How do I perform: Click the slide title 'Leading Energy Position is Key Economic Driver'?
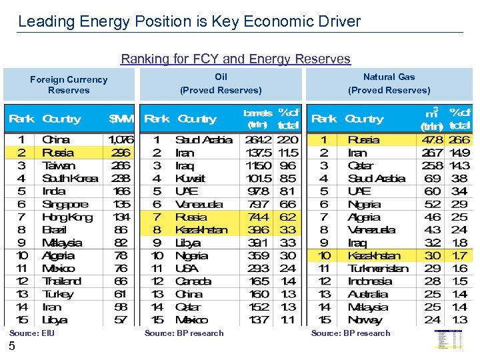click(x=189, y=21)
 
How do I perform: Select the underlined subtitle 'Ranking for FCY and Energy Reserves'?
click(x=235, y=59)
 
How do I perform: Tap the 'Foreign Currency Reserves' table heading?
click(x=69, y=85)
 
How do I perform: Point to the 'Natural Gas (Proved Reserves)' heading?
click(x=389, y=83)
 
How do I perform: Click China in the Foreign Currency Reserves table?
click(x=55, y=140)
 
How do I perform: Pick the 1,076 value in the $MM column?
click(x=121, y=140)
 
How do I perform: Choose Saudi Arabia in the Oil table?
click(x=203, y=140)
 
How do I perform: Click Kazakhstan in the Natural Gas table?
click(x=374, y=255)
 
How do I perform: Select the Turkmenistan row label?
click(x=378, y=268)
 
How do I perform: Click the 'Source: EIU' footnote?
click(x=32, y=333)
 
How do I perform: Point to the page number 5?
click(x=12, y=346)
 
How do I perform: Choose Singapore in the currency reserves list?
click(x=65, y=204)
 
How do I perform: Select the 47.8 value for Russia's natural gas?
click(x=433, y=140)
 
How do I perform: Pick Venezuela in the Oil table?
click(x=199, y=204)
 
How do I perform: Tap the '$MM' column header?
click(x=121, y=119)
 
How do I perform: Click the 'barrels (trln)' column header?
click(x=258, y=118)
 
